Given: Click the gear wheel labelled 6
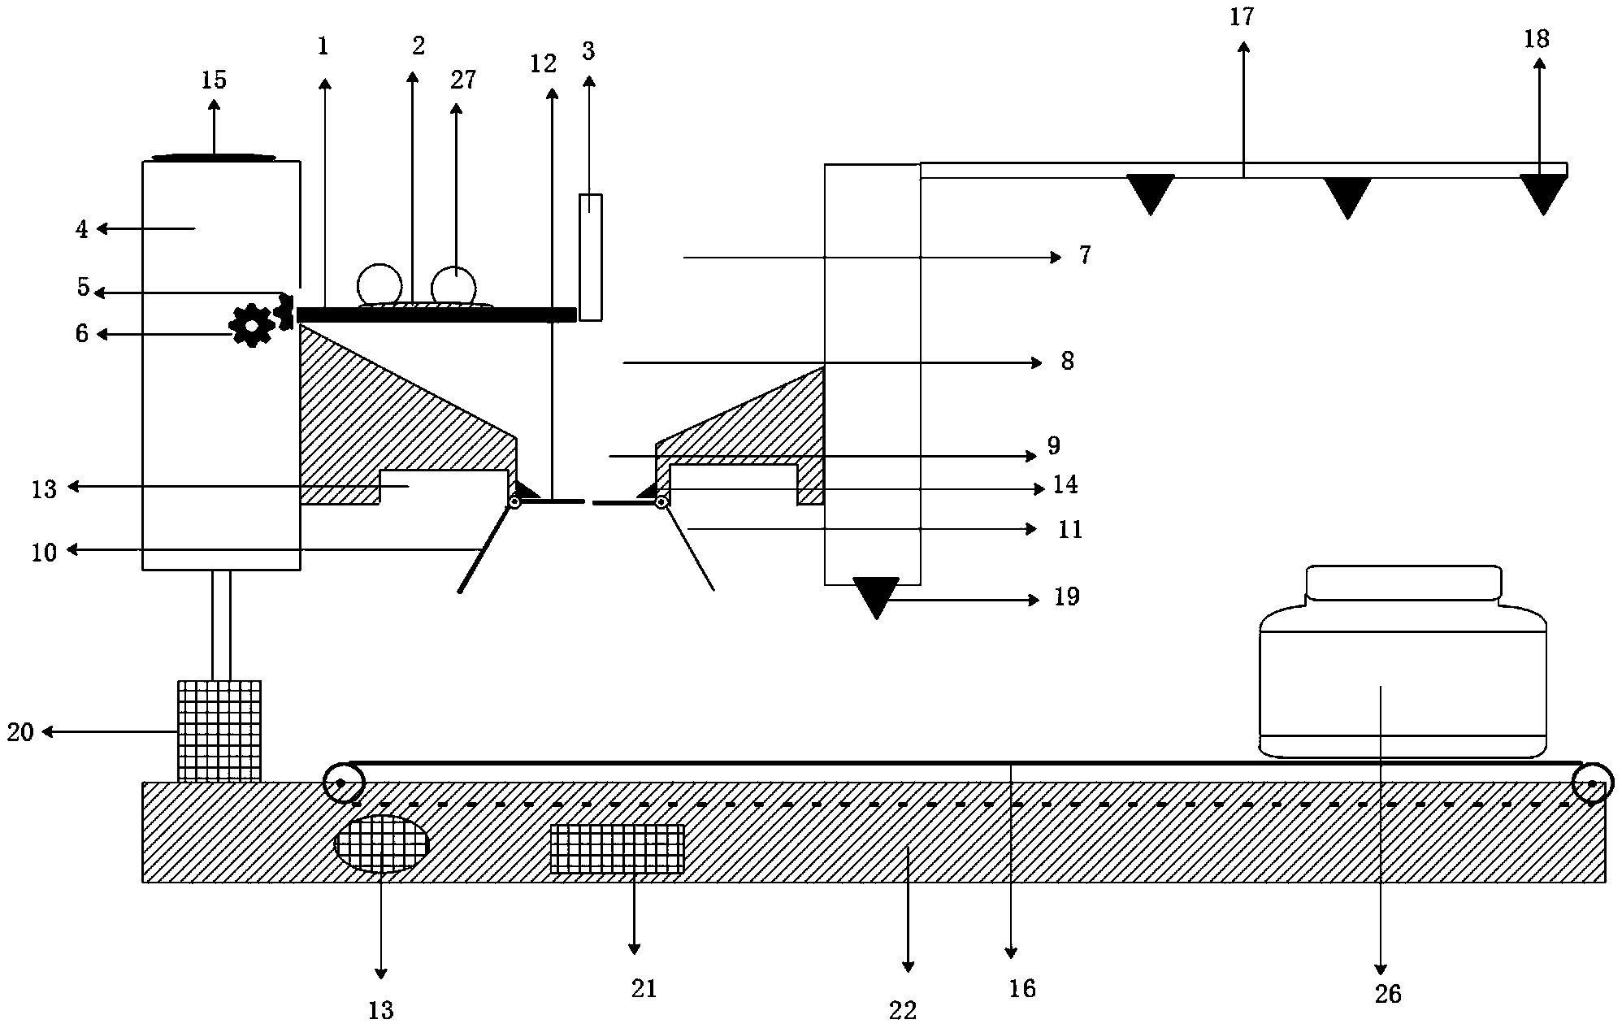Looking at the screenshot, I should click(x=252, y=325).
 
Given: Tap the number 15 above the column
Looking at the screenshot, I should click(x=214, y=80).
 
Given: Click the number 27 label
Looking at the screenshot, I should click(x=462, y=80).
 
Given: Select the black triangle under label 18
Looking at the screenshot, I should click(x=1542, y=192).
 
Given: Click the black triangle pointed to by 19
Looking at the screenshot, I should click(x=876, y=595).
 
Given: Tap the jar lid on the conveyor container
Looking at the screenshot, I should click(x=1403, y=583).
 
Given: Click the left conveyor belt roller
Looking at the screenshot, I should click(x=342, y=783).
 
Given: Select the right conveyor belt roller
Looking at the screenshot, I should click(x=1591, y=783).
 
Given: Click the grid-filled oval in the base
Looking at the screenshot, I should click(x=382, y=844).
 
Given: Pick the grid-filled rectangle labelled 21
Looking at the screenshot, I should click(x=617, y=849).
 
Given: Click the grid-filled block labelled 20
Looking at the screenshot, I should click(x=219, y=730).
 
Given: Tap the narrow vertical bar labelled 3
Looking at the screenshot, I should click(x=591, y=256).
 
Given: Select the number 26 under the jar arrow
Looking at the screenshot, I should click(x=1388, y=994).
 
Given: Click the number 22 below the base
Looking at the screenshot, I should click(x=903, y=1010).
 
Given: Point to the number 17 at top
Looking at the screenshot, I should click(x=1242, y=16).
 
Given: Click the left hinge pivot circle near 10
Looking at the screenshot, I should click(x=514, y=503).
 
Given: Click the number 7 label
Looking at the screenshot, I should click(x=1085, y=256).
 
